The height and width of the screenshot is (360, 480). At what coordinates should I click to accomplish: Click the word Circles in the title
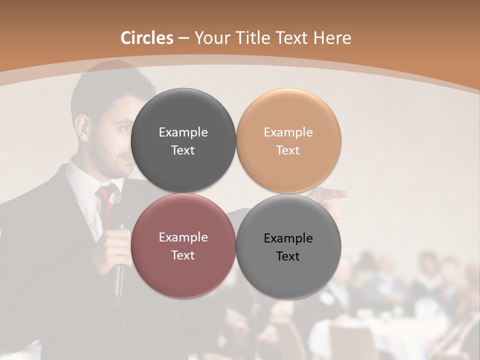pyautogui.click(x=146, y=38)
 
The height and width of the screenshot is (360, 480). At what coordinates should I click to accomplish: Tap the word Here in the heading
pyautogui.click(x=332, y=38)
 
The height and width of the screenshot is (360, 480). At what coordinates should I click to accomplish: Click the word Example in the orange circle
pyautogui.click(x=288, y=132)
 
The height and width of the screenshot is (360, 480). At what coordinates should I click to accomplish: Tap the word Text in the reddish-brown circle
pyautogui.click(x=183, y=255)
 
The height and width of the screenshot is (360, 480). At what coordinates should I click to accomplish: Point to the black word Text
pyautogui.click(x=288, y=256)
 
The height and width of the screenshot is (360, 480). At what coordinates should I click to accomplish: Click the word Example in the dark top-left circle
pyautogui.click(x=183, y=132)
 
